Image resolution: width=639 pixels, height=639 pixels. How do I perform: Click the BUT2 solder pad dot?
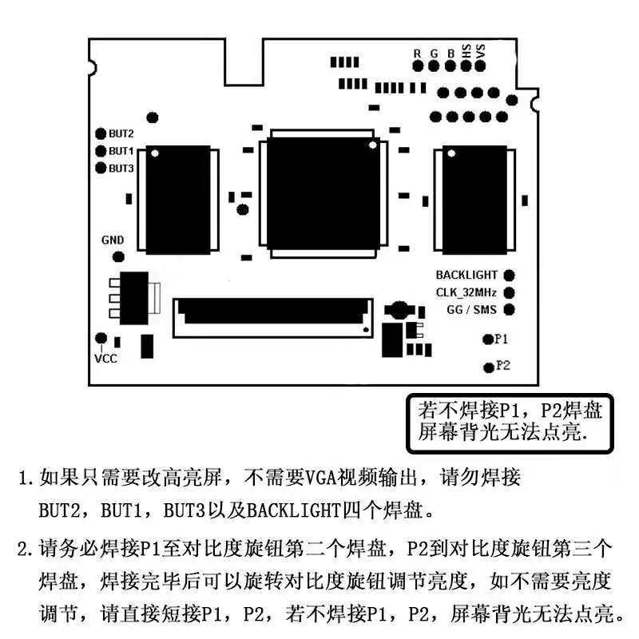click(x=101, y=134)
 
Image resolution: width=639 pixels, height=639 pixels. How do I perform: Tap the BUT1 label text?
click(x=121, y=151)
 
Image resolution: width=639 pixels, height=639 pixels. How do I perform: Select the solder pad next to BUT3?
click(x=101, y=168)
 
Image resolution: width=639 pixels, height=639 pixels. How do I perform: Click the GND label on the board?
click(x=113, y=240)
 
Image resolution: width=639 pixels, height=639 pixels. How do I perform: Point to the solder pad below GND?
click(x=119, y=256)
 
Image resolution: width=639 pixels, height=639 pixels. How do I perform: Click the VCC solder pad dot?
click(x=101, y=339)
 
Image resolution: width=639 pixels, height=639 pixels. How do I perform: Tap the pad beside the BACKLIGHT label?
click(x=509, y=276)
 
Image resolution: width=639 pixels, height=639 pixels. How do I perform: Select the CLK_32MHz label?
click(x=466, y=292)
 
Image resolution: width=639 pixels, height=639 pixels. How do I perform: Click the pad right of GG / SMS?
click(x=509, y=309)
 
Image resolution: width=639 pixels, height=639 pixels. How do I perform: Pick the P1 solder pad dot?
click(x=488, y=339)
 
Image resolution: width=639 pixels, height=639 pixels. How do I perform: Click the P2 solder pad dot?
click(x=488, y=367)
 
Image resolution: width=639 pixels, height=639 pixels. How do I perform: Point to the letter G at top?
click(x=434, y=53)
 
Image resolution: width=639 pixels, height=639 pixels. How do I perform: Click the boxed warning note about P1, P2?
click(x=510, y=421)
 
